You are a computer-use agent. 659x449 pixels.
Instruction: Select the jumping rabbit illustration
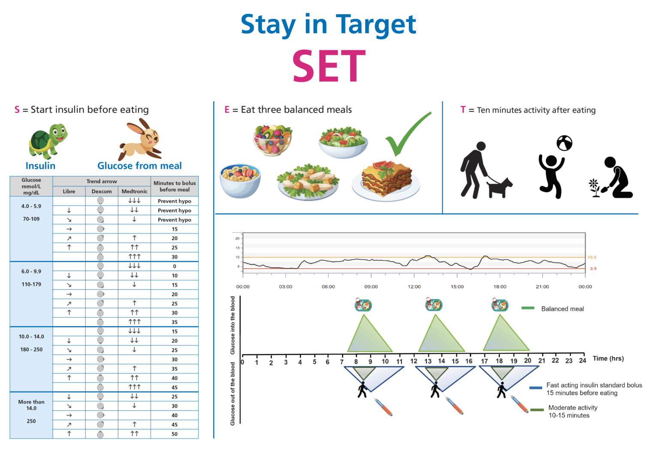point(141,140)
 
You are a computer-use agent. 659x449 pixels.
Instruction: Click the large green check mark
point(406,135)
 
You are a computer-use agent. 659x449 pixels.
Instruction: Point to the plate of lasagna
point(386,180)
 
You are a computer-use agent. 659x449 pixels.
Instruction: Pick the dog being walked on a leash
point(499,188)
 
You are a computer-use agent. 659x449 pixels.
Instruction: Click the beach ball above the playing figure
point(564,143)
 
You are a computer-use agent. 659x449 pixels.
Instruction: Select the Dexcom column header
point(102,191)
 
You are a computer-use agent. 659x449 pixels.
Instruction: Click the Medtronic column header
point(134,191)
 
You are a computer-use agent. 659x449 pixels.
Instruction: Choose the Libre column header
point(69,191)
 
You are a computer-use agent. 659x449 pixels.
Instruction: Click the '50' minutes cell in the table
point(175,434)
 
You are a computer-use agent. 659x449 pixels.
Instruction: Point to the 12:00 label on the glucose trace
point(414,287)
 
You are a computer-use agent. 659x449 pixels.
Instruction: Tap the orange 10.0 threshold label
point(592,257)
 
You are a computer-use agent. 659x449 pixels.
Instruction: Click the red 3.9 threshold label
point(593,269)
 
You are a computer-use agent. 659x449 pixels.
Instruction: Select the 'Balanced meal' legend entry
point(562,309)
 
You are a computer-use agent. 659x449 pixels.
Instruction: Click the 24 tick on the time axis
point(582,361)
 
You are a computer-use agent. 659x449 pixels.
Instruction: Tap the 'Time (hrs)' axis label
point(608,358)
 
